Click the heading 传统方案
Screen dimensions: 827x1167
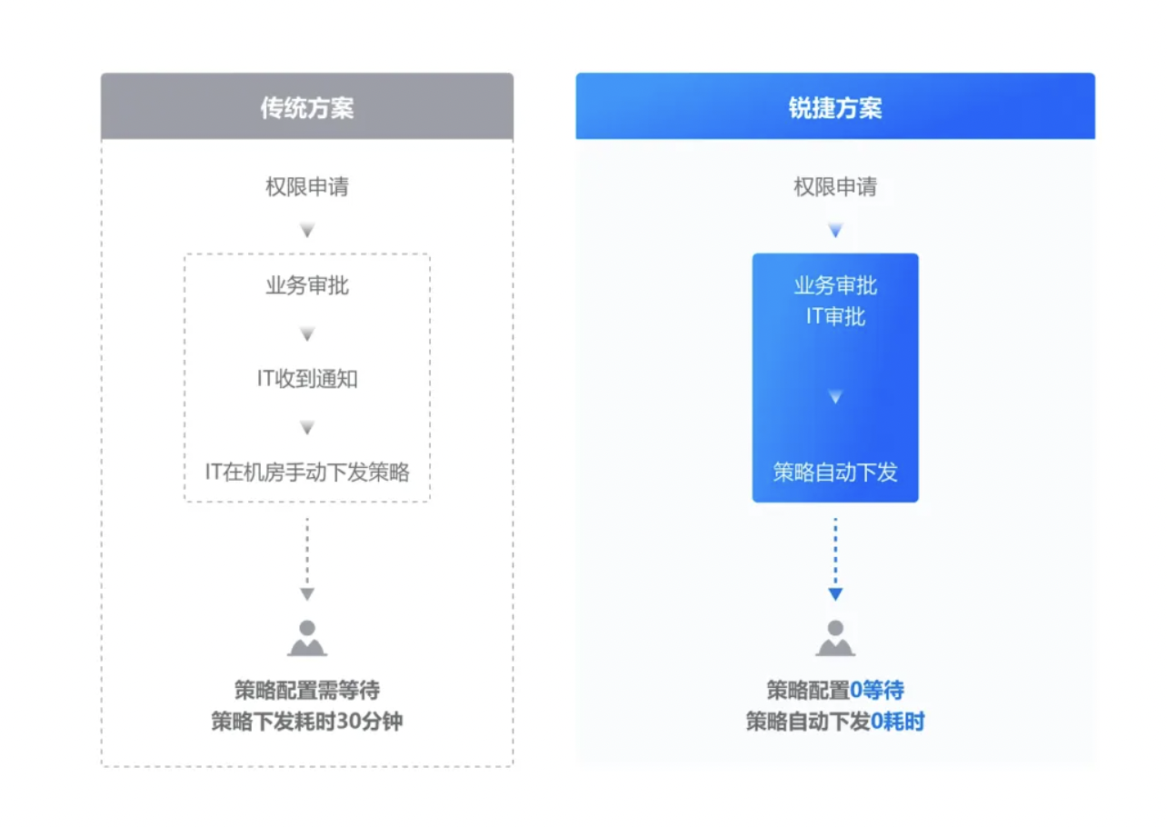click(x=307, y=108)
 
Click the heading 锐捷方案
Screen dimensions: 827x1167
click(x=835, y=108)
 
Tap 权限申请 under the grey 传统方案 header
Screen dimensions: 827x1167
click(x=307, y=187)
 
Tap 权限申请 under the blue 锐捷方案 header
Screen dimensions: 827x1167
click(x=835, y=187)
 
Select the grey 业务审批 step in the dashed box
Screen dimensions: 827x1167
click(x=307, y=286)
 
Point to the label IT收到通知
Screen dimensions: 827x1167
click(x=307, y=379)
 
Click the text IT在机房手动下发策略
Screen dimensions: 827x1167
click(x=307, y=472)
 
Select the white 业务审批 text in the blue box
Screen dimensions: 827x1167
click(x=835, y=286)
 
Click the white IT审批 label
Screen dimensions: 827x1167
click(x=835, y=316)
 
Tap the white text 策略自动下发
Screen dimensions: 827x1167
click(x=835, y=472)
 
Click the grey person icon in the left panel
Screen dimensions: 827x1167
click(x=307, y=638)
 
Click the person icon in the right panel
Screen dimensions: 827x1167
click(x=835, y=638)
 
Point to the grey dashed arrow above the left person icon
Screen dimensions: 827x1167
click(x=307, y=556)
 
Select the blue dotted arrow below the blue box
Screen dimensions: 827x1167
click(x=835, y=556)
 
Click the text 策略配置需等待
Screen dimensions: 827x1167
click(x=307, y=691)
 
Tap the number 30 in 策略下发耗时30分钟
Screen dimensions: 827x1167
click(x=349, y=722)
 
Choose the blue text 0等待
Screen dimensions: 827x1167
click(x=876, y=691)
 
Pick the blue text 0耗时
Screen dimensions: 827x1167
click(x=897, y=722)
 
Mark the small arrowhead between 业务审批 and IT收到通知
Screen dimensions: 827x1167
click(x=307, y=334)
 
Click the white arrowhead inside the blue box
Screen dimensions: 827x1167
click(x=835, y=397)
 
